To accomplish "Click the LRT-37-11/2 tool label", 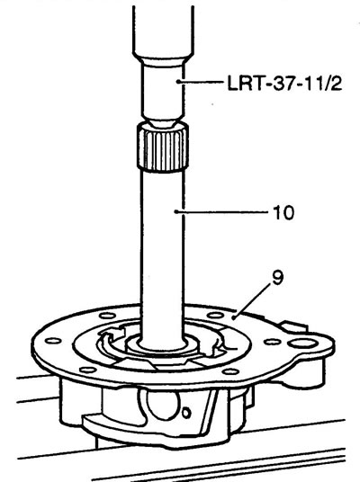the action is [284, 83].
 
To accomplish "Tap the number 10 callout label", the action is [283, 212].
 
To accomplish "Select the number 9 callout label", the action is [277, 278].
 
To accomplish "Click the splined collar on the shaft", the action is [163, 146].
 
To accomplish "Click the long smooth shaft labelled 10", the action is [162, 255].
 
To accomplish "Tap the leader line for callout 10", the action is [221, 211].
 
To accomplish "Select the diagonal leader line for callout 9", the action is [252, 302].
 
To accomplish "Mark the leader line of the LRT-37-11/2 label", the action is [201, 82].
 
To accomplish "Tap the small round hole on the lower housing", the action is [186, 413].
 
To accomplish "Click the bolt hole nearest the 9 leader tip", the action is [215, 315].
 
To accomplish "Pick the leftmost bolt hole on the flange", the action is [53, 341].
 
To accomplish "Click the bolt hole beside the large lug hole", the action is [273, 342].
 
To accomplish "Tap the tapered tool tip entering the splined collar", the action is [163, 123].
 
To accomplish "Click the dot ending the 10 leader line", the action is [175, 211].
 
